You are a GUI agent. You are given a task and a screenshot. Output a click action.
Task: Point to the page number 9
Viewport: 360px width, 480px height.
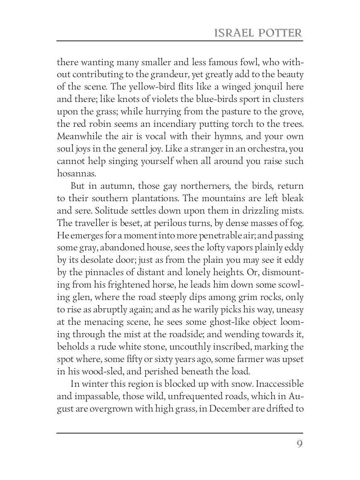299,444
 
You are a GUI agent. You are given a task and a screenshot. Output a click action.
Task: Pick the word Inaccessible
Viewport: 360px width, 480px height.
280,384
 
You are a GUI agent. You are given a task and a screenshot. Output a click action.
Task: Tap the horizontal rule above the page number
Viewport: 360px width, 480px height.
180,433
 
